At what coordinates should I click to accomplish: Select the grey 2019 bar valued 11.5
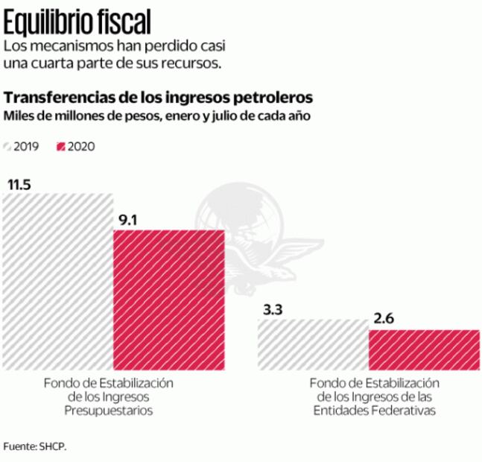click(x=57, y=283)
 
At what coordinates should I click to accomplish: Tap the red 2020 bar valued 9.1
click(x=168, y=299)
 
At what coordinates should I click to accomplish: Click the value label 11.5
click(x=20, y=185)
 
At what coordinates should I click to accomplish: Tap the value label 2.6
click(x=384, y=319)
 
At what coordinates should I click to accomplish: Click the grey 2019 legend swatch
click(x=8, y=146)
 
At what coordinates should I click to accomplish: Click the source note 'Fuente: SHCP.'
click(x=34, y=446)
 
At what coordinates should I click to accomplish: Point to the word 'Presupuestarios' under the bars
click(x=109, y=410)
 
